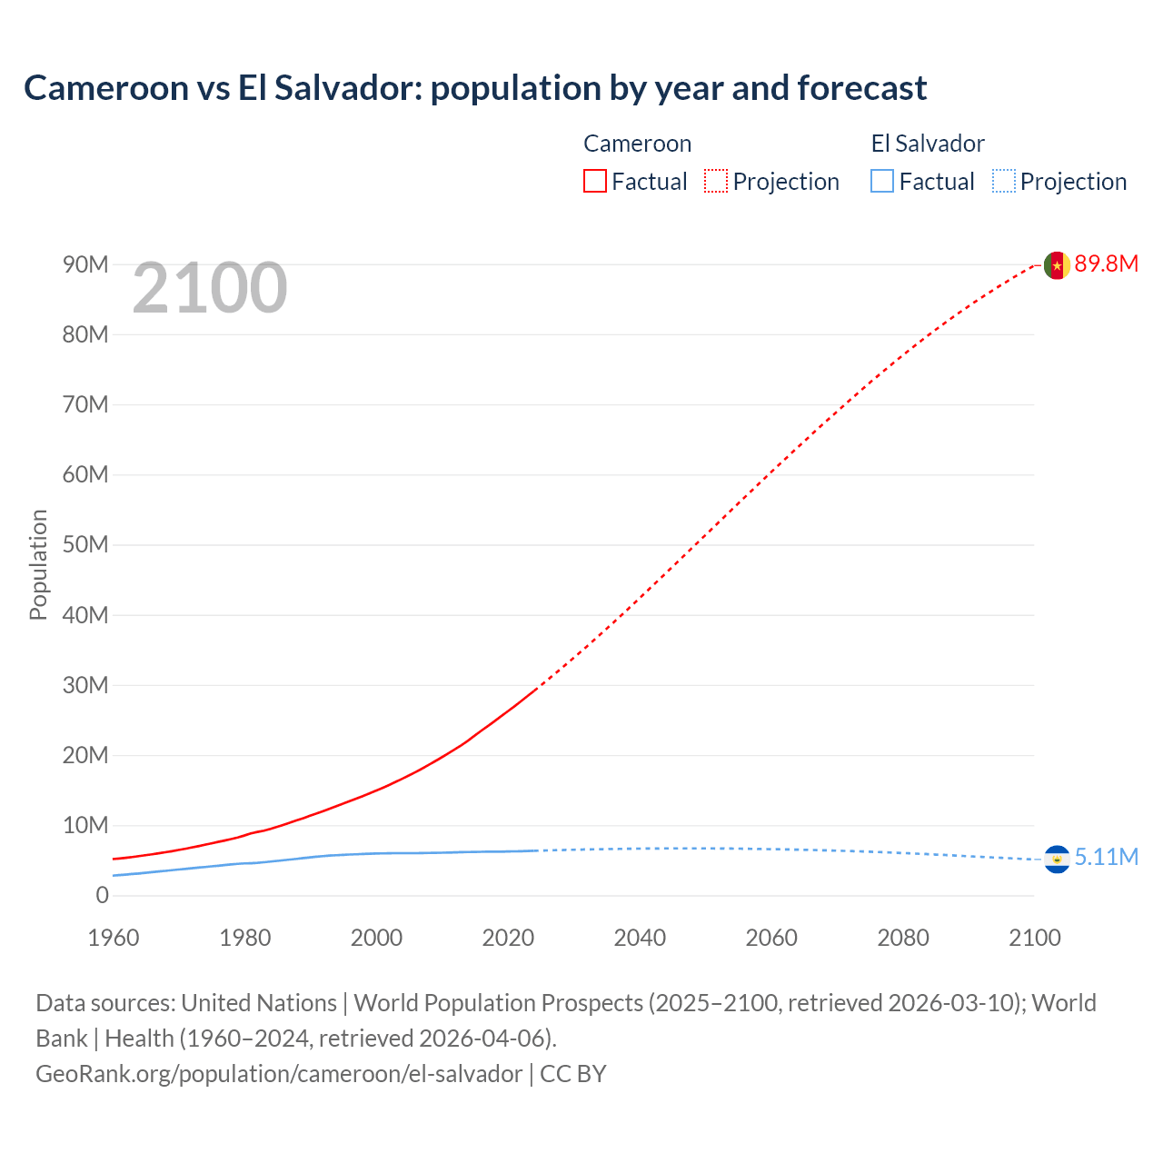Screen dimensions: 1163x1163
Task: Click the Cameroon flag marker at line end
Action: [x=1056, y=265]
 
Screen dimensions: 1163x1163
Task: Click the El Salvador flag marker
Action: [x=1056, y=859]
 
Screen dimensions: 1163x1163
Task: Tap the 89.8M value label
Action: [x=1106, y=264]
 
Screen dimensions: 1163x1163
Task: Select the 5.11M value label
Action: [x=1106, y=858]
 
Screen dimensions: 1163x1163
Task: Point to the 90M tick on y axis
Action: [x=85, y=264]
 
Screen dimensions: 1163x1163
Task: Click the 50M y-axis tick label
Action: [x=85, y=545]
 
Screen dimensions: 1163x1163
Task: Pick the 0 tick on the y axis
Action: [x=102, y=896]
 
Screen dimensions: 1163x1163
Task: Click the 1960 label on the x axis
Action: [x=114, y=938]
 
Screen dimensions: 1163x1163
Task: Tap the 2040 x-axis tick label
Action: [x=640, y=938]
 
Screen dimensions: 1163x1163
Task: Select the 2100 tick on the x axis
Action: [x=1034, y=938]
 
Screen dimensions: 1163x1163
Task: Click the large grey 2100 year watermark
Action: [x=210, y=289]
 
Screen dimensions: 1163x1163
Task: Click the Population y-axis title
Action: [x=38, y=564]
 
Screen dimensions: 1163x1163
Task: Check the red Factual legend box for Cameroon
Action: [x=594, y=181]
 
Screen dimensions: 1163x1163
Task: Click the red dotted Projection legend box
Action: [x=716, y=181]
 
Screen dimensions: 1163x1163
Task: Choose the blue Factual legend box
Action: [x=882, y=181]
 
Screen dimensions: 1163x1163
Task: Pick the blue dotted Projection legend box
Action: [x=1004, y=181]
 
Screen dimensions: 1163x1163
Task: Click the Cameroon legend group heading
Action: [x=637, y=144]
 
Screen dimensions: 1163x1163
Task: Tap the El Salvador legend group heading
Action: [x=928, y=144]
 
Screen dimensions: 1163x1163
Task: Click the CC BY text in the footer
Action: [x=572, y=1074]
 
